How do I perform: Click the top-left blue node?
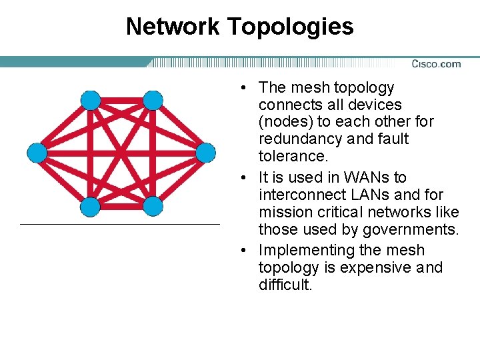click(x=91, y=101)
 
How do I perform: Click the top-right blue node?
click(x=153, y=101)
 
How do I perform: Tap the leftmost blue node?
click(x=37, y=153)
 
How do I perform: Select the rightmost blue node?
click(x=206, y=153)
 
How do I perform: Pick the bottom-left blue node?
click(x=91, y=206)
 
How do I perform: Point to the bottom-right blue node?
click(x=153, y=206)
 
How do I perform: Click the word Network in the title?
click(x=172, y=27)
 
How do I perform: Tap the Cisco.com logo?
click(x=436, y=64)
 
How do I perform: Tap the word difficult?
click(x=285, y=285)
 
